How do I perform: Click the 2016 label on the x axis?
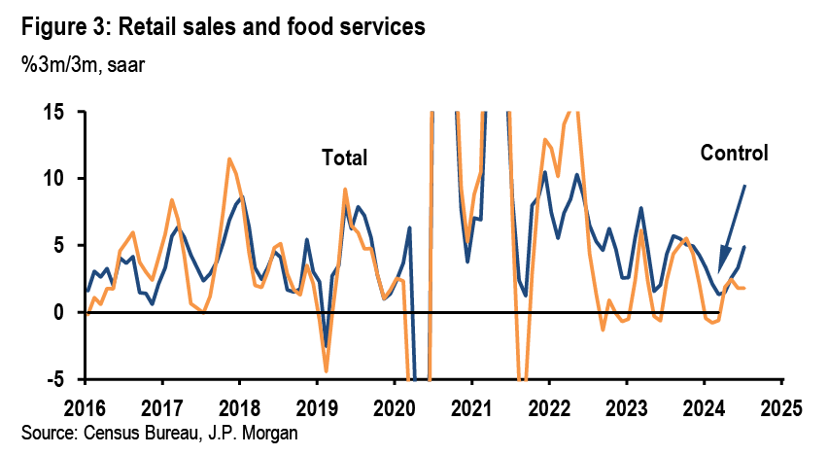(86, 403)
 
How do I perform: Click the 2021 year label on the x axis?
(470, 403)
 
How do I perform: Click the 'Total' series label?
(346, 157)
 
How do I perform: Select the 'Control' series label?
(734, 153)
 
